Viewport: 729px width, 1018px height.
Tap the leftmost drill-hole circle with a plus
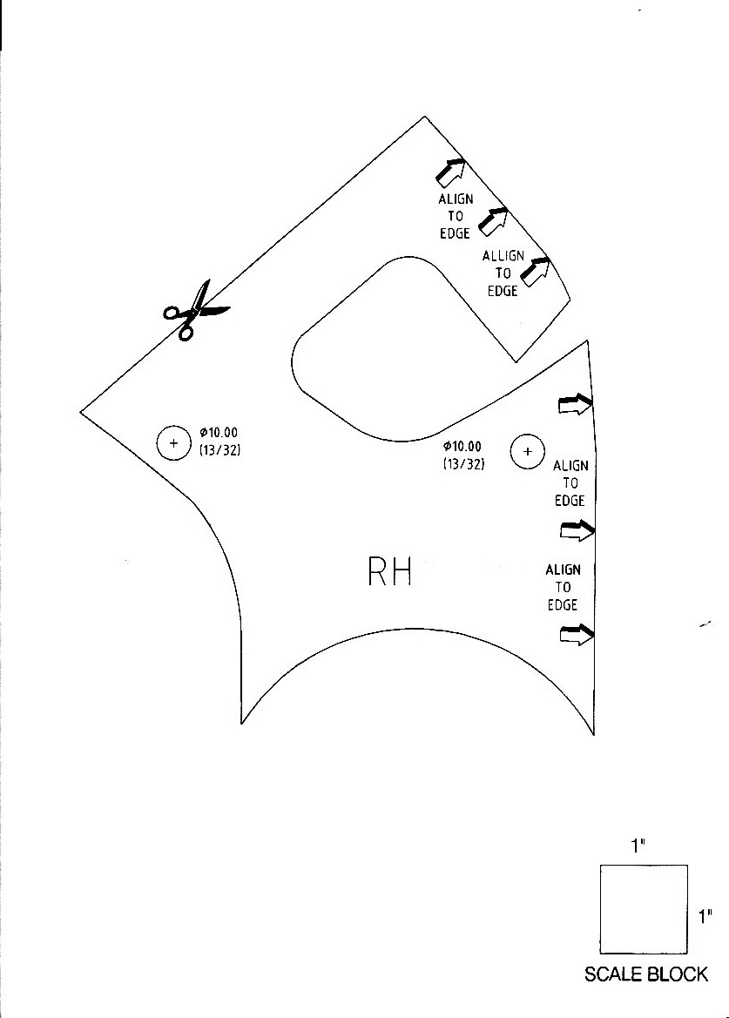click(x=173, y=443)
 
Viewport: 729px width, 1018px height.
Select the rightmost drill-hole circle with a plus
click(x=527, y=451)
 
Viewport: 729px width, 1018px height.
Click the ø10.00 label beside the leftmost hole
click(x=219, y=433)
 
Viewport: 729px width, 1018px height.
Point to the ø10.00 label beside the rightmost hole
click(x=462, y=447)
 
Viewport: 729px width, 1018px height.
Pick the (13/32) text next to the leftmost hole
click(x=220, y=450)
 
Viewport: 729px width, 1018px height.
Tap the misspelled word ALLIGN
click(x=503, y=256)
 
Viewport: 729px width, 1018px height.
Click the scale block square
click(x=644, y=909)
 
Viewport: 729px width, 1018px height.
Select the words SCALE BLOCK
click(x=646, y=974)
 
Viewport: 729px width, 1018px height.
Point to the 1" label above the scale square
click(x=638, y=846)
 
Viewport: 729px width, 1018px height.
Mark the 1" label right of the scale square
click(x=705, y=917)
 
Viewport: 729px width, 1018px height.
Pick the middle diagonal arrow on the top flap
click(x=493, y=221)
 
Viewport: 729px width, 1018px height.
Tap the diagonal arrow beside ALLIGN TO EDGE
click(x=537, y=271)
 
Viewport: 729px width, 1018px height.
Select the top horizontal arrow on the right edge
click(x=576, y=404)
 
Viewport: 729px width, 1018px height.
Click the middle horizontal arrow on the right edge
click(x=577, y=531)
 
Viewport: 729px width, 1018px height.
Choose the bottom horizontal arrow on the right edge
click(x=577, y=635)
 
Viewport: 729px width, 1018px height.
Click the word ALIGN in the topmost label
click(x=456, y=199)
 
